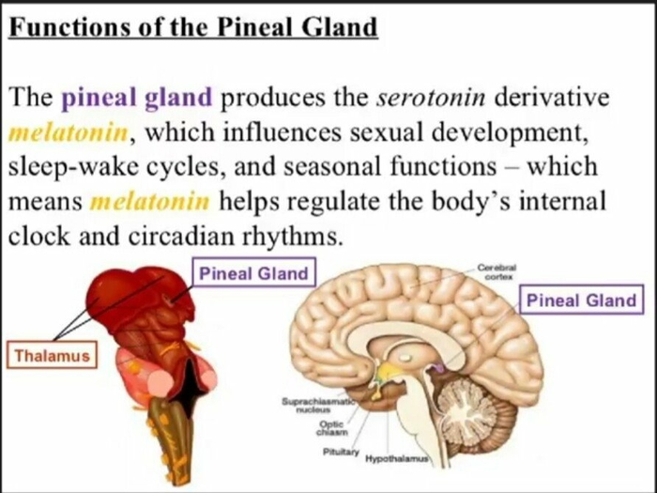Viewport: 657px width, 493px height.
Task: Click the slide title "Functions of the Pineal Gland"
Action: [x=193, y=27]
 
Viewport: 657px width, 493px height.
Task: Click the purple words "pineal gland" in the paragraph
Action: [x=137, y=98]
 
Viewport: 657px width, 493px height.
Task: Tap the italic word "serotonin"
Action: [x=431, y=98]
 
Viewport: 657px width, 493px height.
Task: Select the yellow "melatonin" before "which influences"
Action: [x=68, y=132]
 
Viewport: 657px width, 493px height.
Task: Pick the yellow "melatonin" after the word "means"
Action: [x=149, y=201]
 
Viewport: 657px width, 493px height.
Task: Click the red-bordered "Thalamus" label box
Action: [x=52, y=355]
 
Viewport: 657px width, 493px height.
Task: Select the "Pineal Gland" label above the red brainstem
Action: [x=254, y=273]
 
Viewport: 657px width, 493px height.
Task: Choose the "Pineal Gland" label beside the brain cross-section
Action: [x=582, y=300]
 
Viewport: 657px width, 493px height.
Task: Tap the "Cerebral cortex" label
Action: [x=497, y=271]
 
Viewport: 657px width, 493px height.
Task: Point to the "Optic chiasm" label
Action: [x=332, y=428]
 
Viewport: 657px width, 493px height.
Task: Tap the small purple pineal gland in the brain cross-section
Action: [x=437, y=368]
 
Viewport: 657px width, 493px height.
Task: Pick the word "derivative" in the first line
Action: [x=552, y=98]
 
